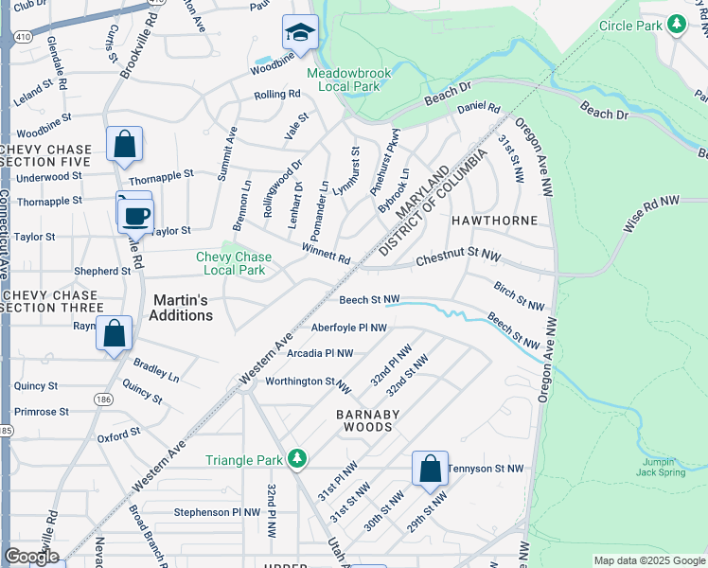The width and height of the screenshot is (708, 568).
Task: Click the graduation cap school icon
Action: coord(300,34)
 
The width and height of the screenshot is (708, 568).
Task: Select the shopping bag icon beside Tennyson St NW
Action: coord(430,469)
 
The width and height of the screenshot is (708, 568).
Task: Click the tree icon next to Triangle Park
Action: coord(297,460)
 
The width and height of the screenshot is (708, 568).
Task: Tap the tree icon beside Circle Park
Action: coord(676,26)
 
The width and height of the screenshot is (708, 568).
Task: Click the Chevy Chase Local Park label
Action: coord(233,263)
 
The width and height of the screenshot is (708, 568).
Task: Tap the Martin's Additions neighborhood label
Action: coord(181,308)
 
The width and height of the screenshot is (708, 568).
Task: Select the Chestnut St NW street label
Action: coord(458,256)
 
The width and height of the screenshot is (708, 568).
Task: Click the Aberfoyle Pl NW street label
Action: coord(348,328)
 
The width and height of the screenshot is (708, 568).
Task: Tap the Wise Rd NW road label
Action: coord(651,215)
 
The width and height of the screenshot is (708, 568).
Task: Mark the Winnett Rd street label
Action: coord(326,253)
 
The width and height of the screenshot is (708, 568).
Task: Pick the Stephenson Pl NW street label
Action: coord(217,512)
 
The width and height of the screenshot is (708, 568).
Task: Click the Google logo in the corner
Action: coord(31,557)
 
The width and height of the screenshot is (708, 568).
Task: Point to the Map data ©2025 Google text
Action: coord(648,560)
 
